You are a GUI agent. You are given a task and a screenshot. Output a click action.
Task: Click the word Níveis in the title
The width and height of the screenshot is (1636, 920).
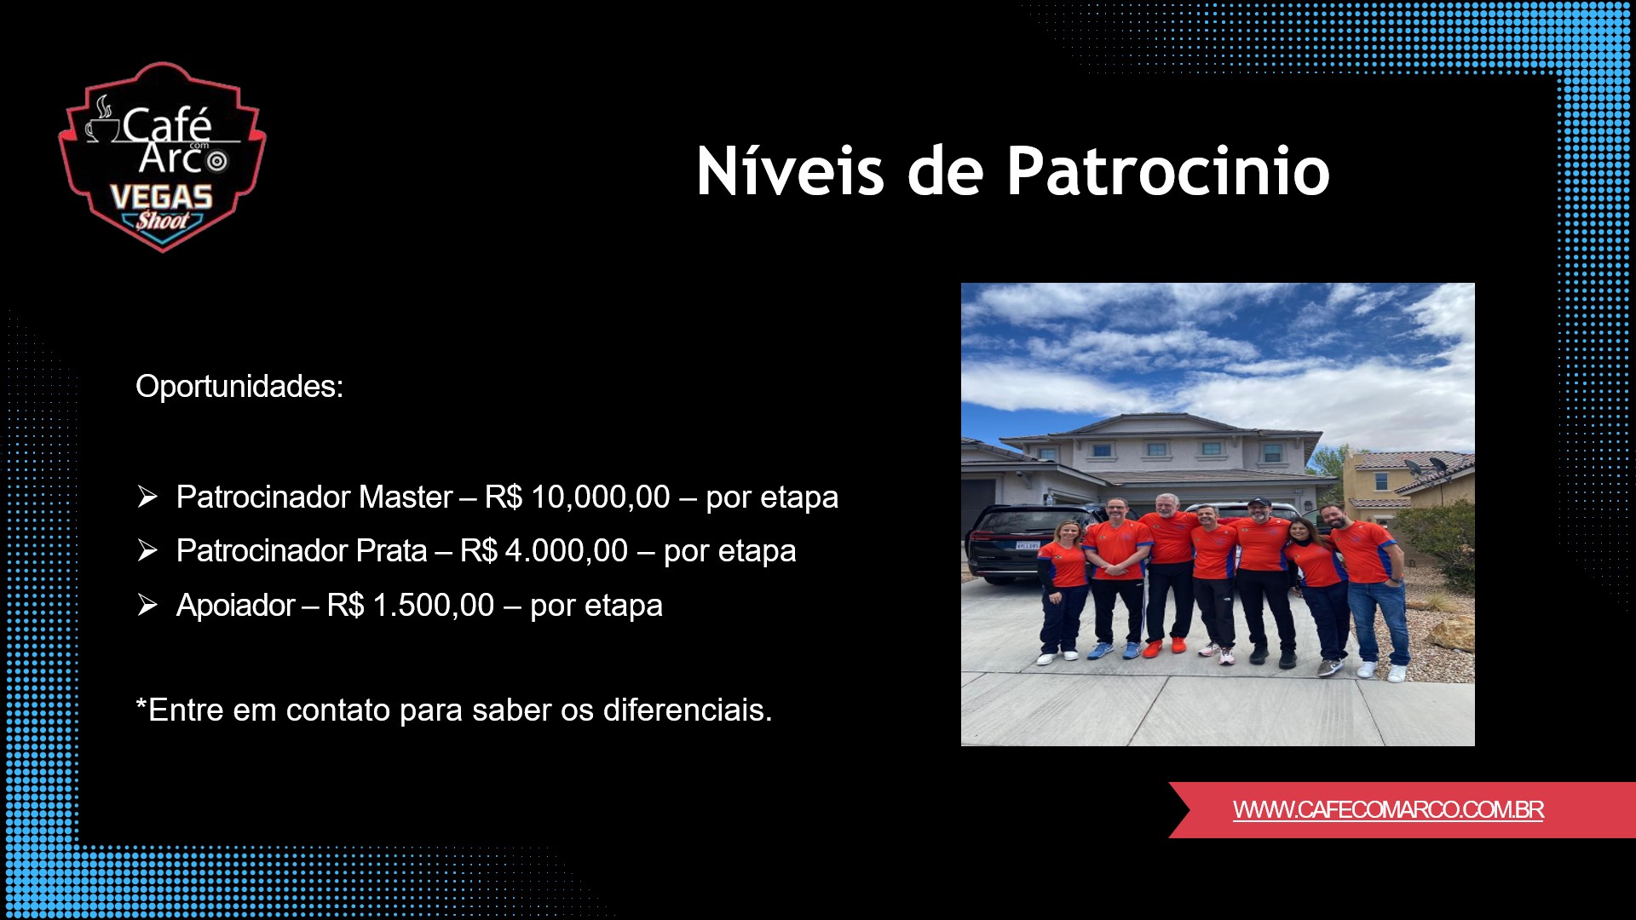(790, 171)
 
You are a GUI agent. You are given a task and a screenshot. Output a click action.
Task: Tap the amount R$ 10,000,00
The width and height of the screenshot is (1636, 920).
(577, 497)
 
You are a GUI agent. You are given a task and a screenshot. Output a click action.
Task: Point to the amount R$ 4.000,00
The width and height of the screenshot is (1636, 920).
(544, 551)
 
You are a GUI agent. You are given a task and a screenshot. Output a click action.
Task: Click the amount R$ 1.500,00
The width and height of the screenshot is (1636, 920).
(410, 606)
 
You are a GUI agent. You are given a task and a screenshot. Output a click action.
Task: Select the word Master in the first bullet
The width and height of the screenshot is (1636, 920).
(406, 497)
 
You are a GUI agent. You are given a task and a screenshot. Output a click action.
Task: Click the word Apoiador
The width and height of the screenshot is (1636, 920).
(235, 606)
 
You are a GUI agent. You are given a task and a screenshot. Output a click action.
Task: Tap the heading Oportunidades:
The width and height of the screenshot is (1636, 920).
(239, 387)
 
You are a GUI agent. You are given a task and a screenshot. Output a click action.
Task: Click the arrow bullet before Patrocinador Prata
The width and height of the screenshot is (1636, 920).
(147, 551)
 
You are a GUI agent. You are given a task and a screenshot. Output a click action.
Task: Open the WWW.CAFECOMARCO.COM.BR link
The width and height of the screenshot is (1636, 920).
(1387, 810)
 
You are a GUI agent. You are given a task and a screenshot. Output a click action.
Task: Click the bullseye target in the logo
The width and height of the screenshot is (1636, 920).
(218, 161)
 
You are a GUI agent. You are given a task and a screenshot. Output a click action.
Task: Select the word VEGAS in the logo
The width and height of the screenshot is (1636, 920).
(161, 198)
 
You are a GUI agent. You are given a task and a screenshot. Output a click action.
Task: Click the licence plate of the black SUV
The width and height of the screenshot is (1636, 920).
(1027, 545)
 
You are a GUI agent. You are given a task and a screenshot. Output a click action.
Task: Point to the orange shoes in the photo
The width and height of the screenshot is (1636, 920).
(1164, 647)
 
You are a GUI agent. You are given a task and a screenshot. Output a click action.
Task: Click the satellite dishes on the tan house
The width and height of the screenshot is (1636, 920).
(1425, 466)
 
